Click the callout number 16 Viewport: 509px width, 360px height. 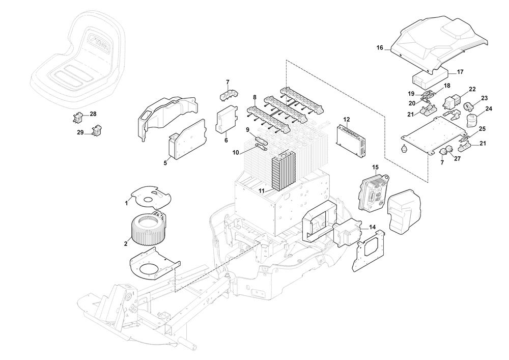380,48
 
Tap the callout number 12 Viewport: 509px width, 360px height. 347,120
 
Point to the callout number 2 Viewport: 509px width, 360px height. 125,244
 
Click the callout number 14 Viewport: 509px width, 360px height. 372,227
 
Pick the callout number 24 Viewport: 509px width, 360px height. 489,108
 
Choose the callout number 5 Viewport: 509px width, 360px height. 165,163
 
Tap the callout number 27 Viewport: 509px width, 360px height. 457,158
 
